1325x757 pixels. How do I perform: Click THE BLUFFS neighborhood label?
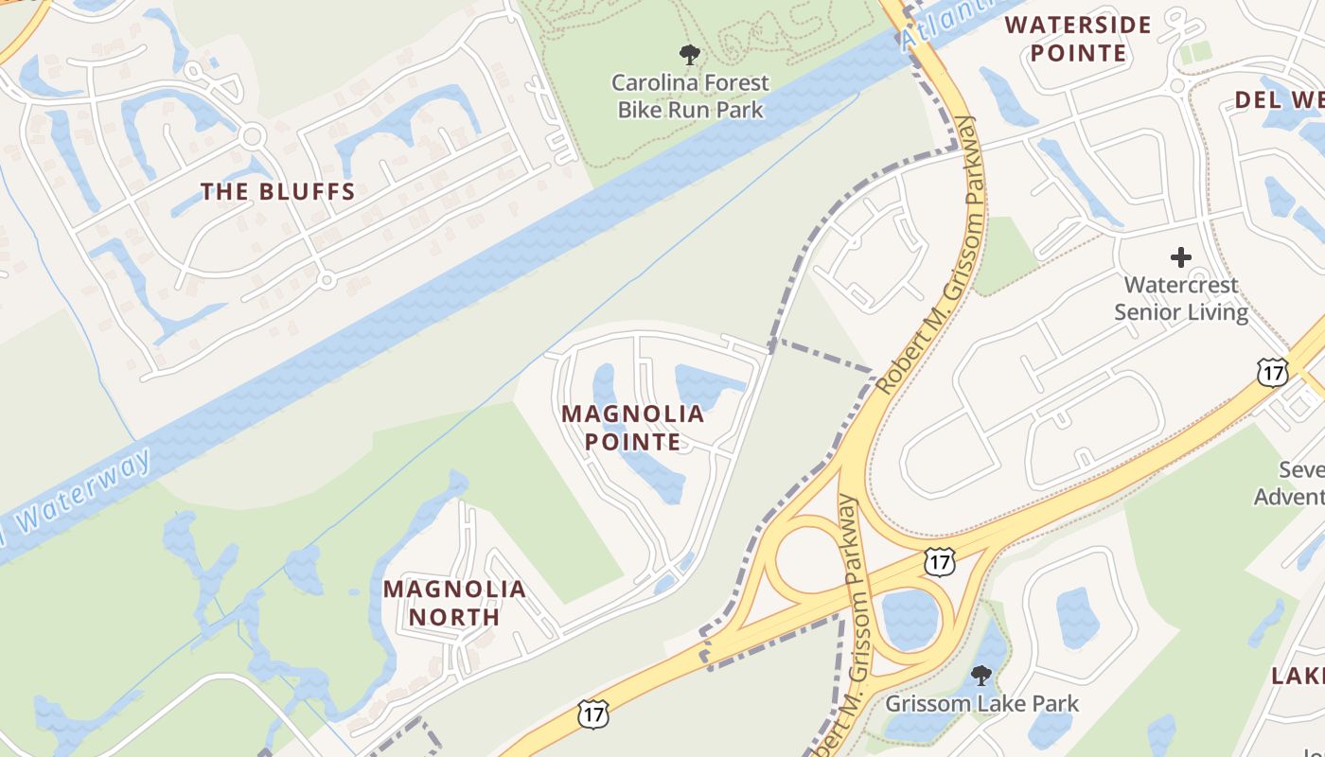(x=277, y=192)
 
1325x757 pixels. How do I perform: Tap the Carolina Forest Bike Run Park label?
(x=690, y=97)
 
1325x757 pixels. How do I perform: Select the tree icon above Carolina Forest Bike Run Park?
(x=690, y=55)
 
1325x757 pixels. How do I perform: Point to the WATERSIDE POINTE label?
(x=1078, y=39)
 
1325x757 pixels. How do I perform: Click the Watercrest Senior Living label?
(x=1180, y=298)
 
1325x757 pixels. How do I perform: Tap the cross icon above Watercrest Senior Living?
(x=1180, y=256)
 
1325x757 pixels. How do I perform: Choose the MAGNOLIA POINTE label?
(x=632, y=428)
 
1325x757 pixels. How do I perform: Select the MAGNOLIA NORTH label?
(x=454, y=603)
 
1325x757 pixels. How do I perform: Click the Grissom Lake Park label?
(x=981, y=704)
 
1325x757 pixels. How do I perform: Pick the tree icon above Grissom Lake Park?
(x=981, y=676)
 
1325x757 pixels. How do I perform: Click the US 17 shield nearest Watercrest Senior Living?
(x=1272, y=373)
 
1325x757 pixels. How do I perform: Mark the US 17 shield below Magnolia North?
(x=592, y=713)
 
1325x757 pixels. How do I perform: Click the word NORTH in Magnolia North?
(x=454, y=617)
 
